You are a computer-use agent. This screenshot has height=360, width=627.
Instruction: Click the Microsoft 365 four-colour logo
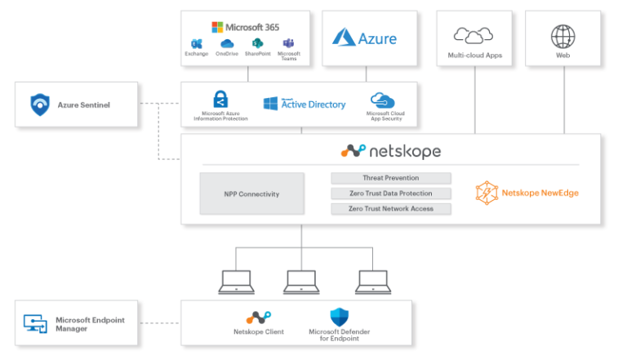[x=218, y=27]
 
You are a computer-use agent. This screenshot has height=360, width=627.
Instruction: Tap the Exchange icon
[x=196, y=43]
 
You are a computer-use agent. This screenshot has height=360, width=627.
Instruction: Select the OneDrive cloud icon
[x=226, y=43]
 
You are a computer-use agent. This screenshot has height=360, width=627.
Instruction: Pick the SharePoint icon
[x=257, y=43]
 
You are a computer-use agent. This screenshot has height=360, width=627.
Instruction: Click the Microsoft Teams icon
[x=288, y=43]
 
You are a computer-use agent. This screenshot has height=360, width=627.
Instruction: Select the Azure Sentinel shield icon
[x=40, y=104]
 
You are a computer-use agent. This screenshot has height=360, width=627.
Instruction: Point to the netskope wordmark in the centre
[x=391, y=151]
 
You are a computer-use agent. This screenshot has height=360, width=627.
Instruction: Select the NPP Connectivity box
[x=252, y=193]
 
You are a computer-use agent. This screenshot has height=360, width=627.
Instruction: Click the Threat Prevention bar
[x=390, y=178]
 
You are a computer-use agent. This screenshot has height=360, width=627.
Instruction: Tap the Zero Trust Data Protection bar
[x=390, y=193]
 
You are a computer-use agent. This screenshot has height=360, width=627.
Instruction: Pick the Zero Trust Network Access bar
[x=390, y=209]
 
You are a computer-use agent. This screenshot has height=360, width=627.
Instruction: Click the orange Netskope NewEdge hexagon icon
[x=487, y=193]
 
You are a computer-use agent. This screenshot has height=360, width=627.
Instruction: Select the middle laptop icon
[x=301, y=281]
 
